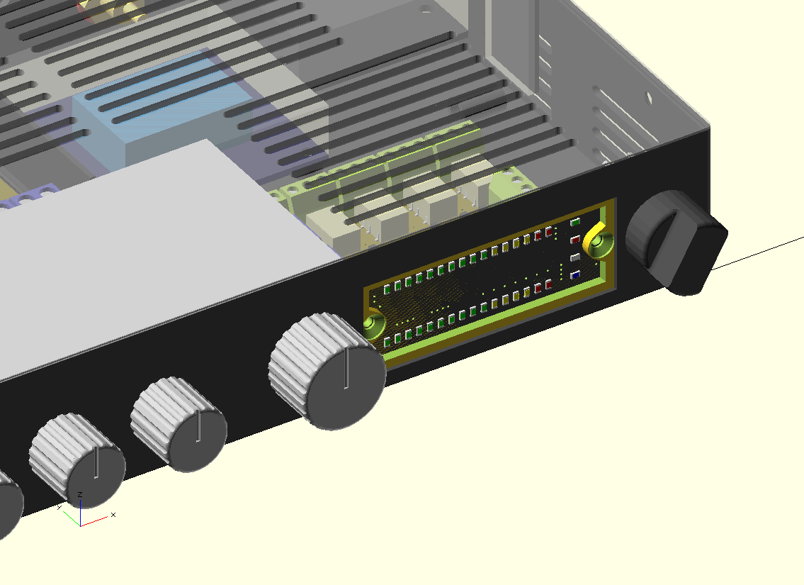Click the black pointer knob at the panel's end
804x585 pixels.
[676, 243]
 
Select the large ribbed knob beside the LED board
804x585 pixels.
[327, 372]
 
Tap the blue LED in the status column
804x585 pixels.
[575, 276]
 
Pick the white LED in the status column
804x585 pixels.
[575, 257]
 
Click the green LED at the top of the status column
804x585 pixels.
[575, 222]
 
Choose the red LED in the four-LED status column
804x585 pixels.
[575, 240]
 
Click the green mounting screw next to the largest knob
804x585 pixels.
[373, 324]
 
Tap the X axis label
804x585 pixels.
[113, 515]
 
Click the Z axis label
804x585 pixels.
[80, 495]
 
